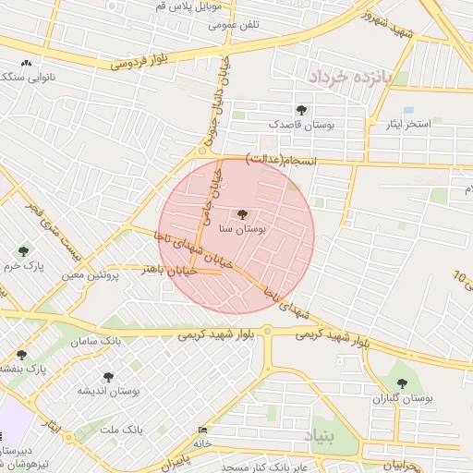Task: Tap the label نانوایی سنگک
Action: click(30, 79)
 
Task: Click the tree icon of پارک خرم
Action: click(23, 251)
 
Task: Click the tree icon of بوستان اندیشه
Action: click(108, 378)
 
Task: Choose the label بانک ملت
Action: click(122, 431)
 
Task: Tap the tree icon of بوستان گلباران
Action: click(402, 382)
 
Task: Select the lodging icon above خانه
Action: click(203, 431)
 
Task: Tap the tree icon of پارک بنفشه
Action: click(20, 355)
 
